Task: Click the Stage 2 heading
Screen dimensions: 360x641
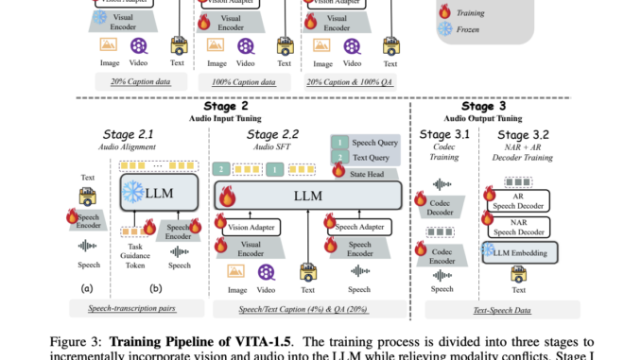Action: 224,107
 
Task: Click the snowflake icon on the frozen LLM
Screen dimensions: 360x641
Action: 133,192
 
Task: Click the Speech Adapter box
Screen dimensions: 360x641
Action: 359,226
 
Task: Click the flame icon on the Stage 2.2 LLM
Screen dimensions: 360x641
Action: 227,197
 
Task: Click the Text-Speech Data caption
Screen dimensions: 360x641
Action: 501,309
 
